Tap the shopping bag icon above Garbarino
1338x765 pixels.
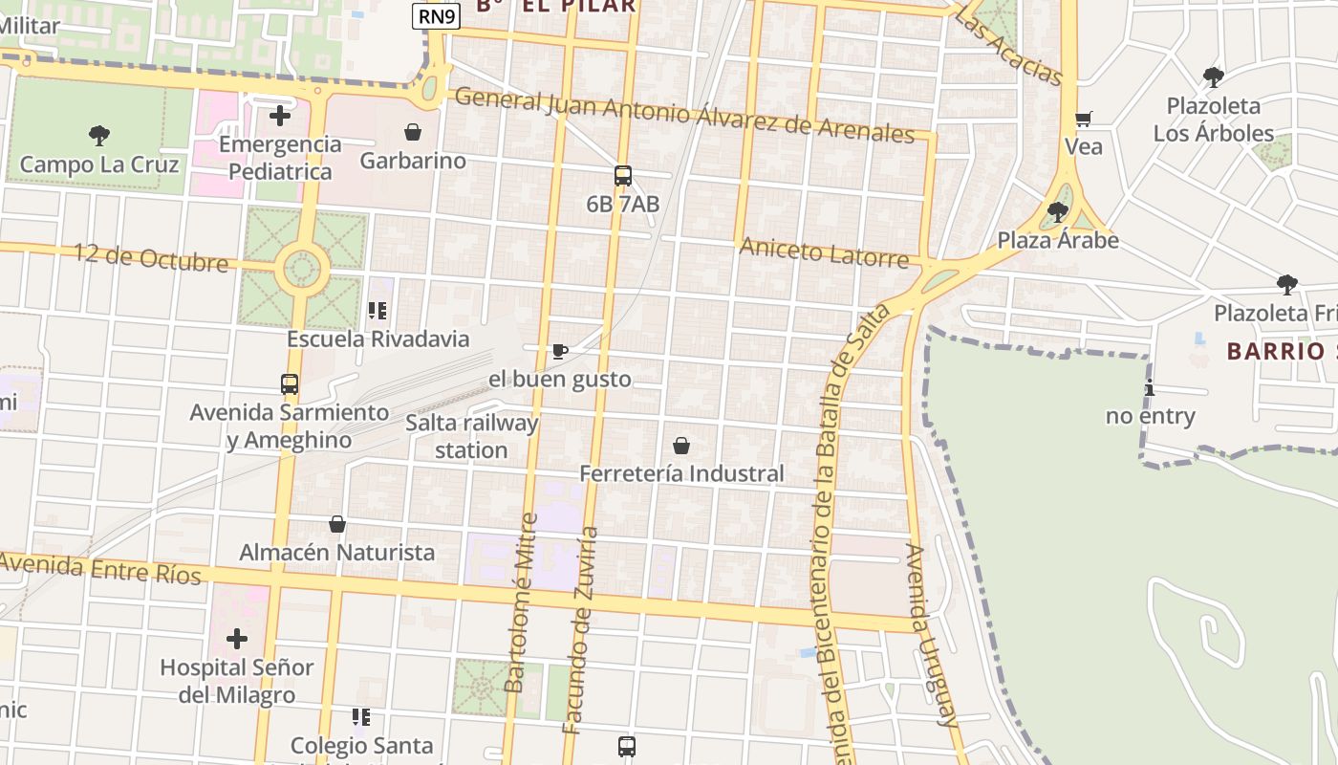(413, 132)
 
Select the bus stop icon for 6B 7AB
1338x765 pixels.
(623, 176)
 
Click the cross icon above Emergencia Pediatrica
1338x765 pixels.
(280, 116)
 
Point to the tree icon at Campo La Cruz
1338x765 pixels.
(98, 136)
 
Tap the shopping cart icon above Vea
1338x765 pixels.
(1083, 120)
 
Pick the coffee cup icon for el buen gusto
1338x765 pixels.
(560, 352)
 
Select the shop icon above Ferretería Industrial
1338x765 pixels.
(681, 446)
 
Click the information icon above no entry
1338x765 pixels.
(1150, 388)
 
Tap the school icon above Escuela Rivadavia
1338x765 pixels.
(378, 311)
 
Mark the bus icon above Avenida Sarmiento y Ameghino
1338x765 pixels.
(290, 384)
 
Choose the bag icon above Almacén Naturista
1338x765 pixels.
(337, 524)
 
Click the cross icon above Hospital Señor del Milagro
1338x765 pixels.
(237, 639)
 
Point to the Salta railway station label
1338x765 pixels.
(471, 436)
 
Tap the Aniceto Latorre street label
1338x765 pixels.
(824, 253)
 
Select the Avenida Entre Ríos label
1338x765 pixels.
(100, 568)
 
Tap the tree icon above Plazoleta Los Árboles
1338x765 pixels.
(1214, 76)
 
